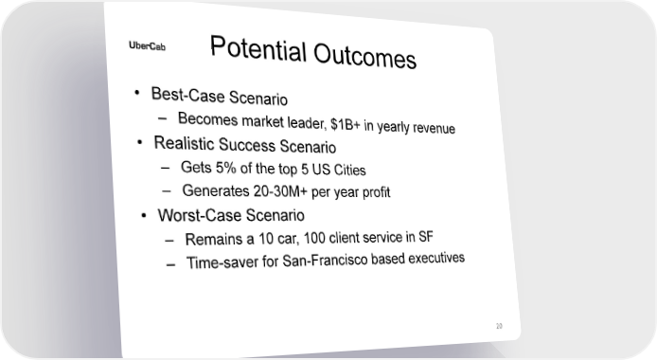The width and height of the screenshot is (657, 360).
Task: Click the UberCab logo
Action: [x=147, y=45]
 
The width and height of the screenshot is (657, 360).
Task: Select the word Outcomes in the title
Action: [x=365, y=56]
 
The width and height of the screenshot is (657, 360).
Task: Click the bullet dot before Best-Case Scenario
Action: [x=136, y=93]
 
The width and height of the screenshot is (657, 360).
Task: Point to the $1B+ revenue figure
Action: [x=346, y=124]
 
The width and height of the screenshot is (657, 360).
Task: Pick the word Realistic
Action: [x=184, y=143]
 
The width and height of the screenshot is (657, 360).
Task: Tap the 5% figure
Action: [x=226, y=168]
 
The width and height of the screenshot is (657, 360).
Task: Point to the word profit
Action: [x=376, y=192]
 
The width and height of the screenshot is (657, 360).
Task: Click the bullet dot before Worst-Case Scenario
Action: [x=144, y=215]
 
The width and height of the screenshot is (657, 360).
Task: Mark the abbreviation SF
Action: [x=426, y=237]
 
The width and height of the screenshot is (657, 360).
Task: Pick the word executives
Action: [x=436, y=258]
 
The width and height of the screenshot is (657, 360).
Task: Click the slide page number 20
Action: [x=499, y=326]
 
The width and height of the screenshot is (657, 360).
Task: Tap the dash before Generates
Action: [x=167, y=191]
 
